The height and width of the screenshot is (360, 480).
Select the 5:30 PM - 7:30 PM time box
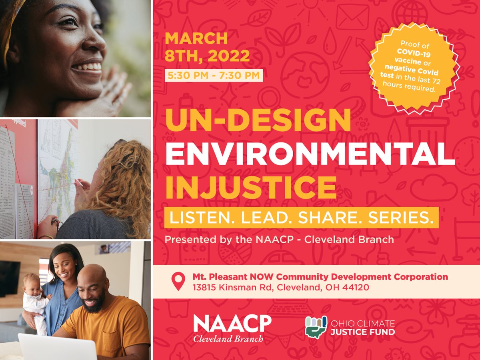pos(214,75)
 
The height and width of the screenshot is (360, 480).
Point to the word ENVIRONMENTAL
pos(310,154)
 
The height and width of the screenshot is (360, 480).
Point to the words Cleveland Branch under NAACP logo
pos(228,339)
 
